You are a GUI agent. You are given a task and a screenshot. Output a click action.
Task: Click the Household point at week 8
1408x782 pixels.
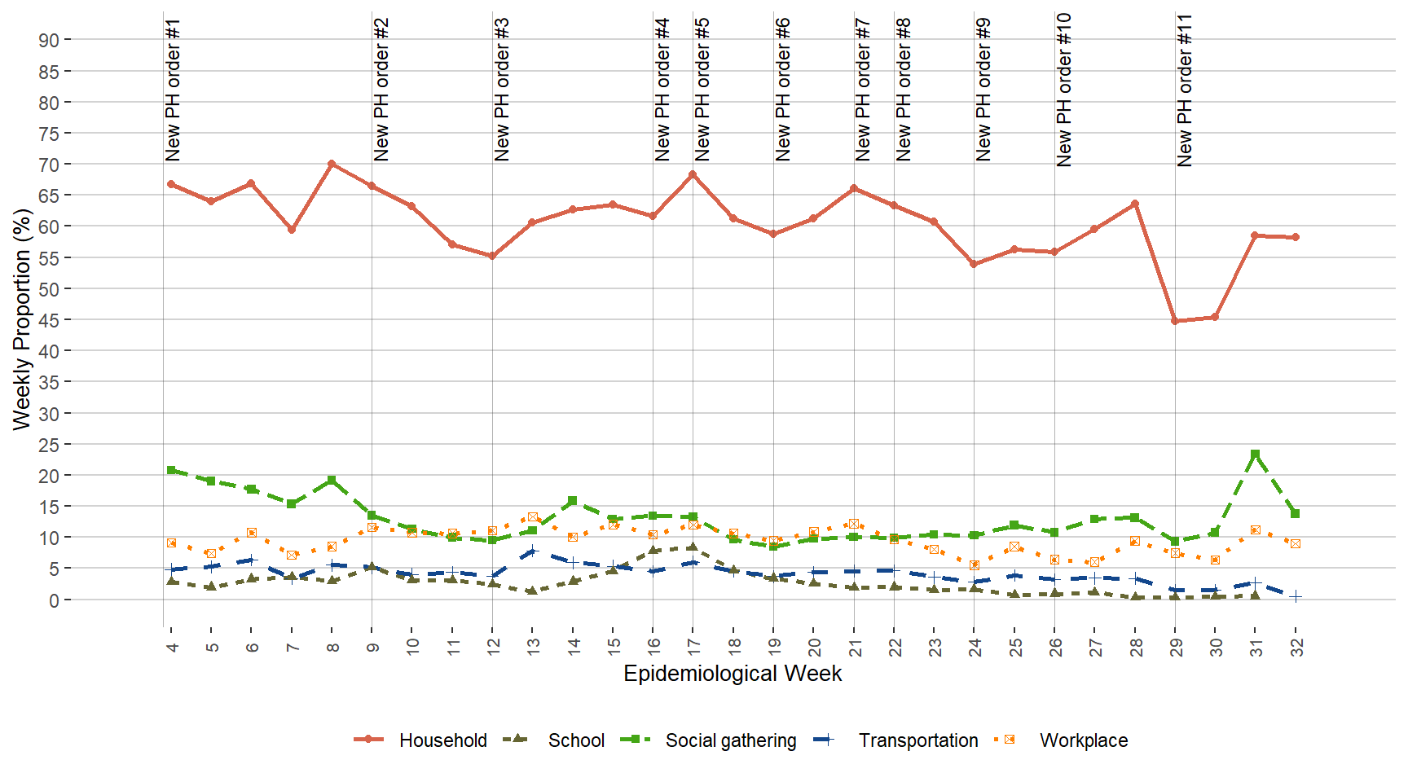click(332, 164)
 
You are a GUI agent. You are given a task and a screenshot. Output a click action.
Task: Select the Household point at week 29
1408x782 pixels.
click(1175, 321)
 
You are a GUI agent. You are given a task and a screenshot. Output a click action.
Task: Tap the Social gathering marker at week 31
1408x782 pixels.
click(1255, 455)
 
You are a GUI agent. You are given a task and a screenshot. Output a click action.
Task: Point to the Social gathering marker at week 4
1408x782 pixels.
click(171, 470)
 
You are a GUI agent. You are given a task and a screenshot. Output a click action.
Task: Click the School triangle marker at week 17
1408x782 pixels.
click(693, 547)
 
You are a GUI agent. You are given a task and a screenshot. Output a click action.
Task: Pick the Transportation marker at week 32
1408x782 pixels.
click(1295, 596)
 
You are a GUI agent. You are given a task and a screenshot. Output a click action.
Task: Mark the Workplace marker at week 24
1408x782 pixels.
click(974, 565)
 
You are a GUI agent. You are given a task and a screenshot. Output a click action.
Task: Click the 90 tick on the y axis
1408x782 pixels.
click(49, 41)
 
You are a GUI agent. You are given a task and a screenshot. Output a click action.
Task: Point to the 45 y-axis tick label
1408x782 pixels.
click(49, 320)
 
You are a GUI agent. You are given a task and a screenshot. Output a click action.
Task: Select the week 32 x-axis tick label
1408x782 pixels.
click(1296, 647)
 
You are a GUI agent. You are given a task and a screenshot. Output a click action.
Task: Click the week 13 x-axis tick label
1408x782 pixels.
click(532, 647)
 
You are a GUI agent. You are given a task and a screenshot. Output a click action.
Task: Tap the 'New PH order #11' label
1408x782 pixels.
click(1184, 90)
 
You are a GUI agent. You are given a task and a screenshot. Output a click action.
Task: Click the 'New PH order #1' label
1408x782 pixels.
click(172, 90)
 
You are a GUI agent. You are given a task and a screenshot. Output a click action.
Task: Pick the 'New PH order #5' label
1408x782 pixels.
click(702, 90)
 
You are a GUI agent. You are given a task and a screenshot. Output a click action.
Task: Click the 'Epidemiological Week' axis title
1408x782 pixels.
click(732, 674)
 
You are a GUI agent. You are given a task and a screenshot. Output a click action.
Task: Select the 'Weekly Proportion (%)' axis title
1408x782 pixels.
click(22, 319)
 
